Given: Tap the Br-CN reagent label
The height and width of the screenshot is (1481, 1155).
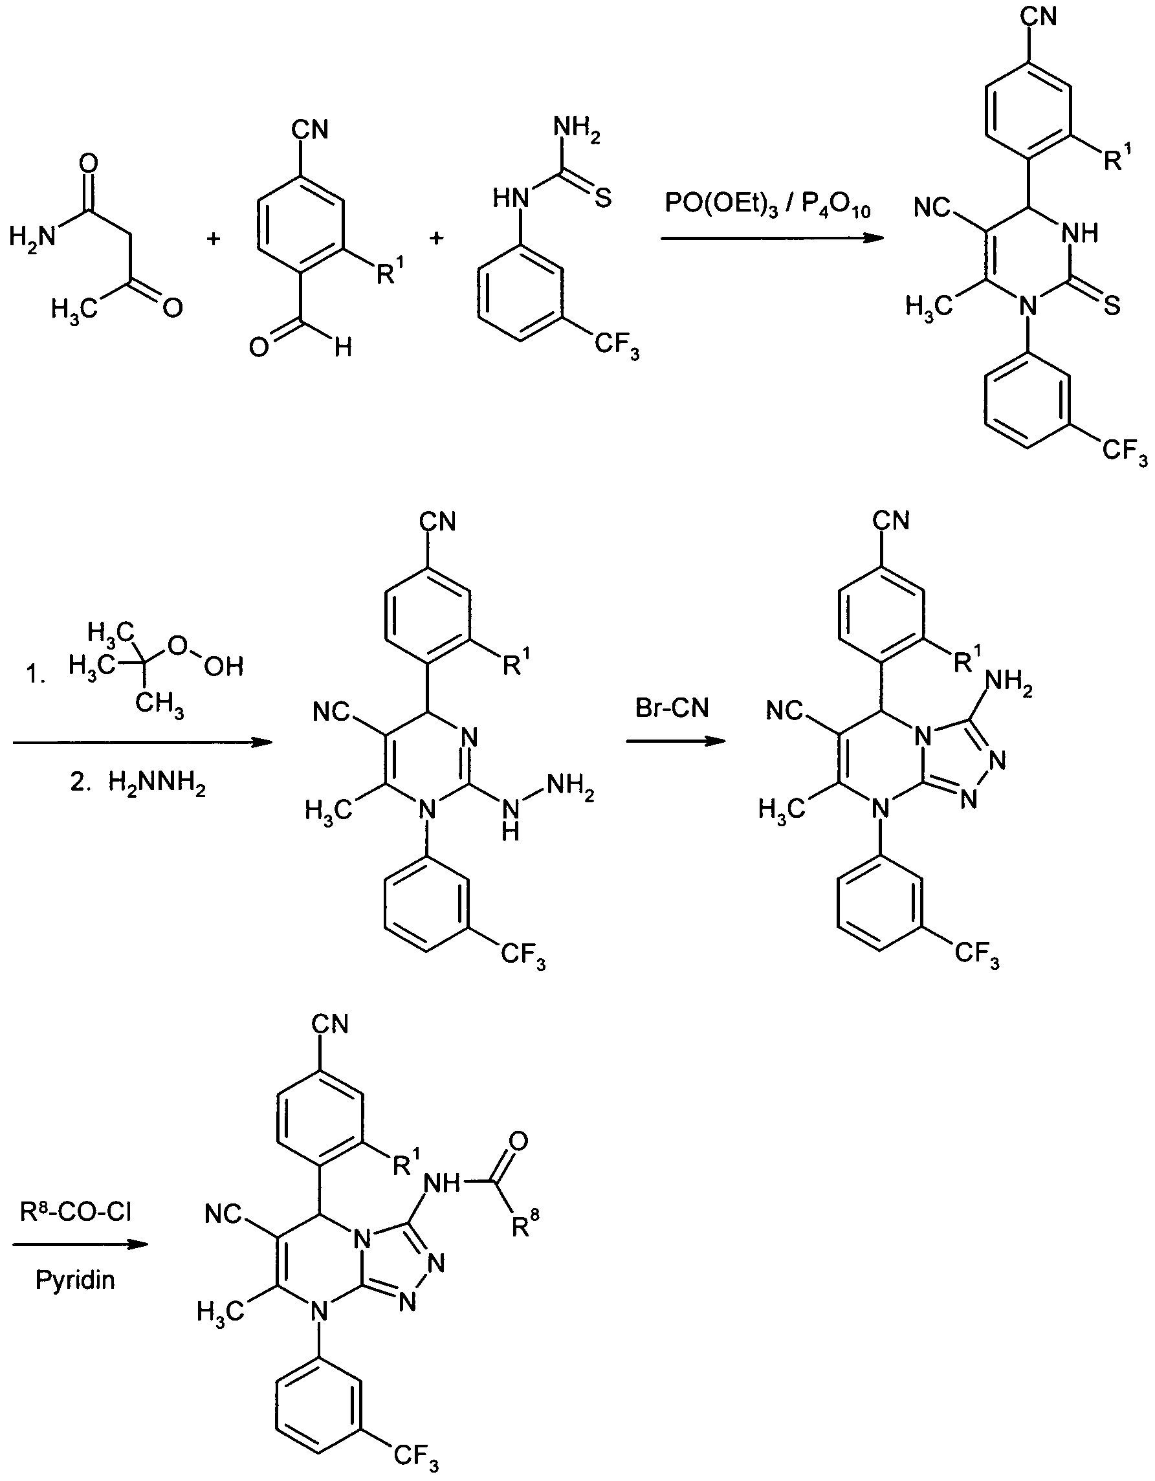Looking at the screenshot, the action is click(x=672, y=708).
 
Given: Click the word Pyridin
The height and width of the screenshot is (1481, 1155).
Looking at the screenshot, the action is click(x=75, y=1280).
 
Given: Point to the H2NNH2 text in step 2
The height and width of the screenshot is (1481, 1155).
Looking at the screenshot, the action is click(x=157, y=785).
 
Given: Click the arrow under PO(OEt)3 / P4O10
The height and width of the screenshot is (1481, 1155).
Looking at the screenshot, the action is click(x=773, y=238).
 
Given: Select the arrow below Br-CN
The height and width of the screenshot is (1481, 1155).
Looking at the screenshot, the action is click(x=676, y=741).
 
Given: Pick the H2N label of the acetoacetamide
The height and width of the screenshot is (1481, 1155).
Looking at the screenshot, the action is click(x=31, y=237).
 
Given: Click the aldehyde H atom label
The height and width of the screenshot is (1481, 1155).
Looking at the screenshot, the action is click(x=343, y=349).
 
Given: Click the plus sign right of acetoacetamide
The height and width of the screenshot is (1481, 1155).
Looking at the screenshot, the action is click(x=214, y=239).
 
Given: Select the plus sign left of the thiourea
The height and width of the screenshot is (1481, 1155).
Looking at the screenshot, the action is click(x=437, y=238).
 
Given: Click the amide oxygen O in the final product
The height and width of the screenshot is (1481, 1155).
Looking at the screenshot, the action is click(x=518, y=1141).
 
